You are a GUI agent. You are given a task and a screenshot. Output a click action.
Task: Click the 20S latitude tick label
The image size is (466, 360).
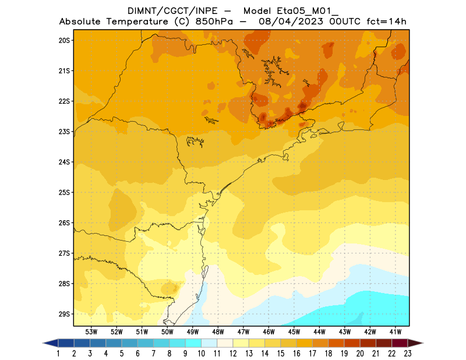pyautogui.click(x=64, y=40)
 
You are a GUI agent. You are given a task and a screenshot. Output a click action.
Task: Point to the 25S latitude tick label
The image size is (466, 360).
pyautogui.click(x=64, y=192)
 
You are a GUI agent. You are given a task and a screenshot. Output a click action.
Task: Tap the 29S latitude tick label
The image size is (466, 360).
pyautogui.click(x=64, y=314)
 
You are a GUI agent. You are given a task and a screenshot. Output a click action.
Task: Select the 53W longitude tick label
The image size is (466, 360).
pyautogui.click(x=91, y=331)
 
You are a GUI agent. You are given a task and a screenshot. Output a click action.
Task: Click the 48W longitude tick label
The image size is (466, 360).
pyautogui.click(x=218, y=331)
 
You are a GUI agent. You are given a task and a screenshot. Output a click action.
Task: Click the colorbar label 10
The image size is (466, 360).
pyautogui.click(x=202, y=354)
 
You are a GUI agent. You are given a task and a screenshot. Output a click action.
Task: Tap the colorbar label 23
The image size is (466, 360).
pyautogui.click(x=408, y=354)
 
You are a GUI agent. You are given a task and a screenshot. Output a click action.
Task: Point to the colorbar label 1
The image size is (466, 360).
pyautogui.click(x=59, y=354)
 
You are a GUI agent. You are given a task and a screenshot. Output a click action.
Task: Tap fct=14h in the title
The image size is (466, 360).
pyautogui.click(x=386, y=22)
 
